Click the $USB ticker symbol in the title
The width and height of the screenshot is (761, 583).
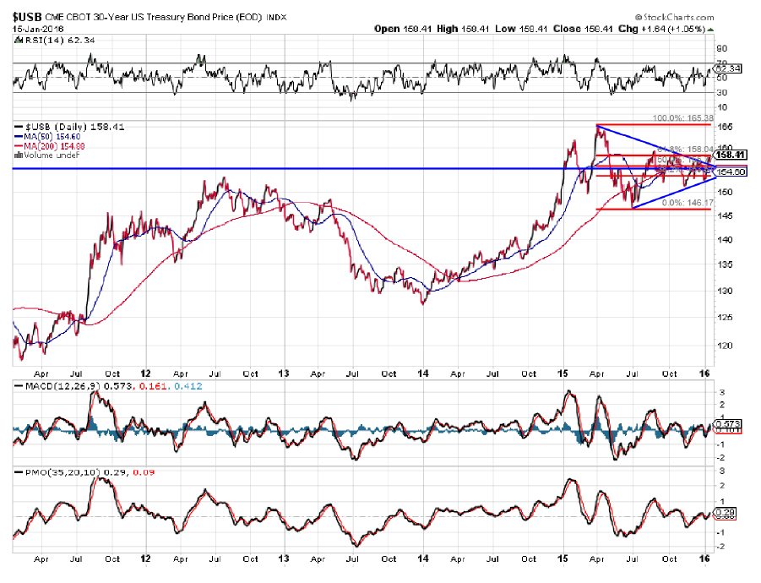(x=24, y=16)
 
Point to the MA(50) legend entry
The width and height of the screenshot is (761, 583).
(x=38, y=136)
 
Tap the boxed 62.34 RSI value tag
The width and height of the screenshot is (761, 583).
(x=727, y=68)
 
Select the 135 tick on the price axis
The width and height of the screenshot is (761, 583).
(x=724, y=264)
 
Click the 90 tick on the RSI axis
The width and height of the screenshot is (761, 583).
(x=722, y=49)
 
